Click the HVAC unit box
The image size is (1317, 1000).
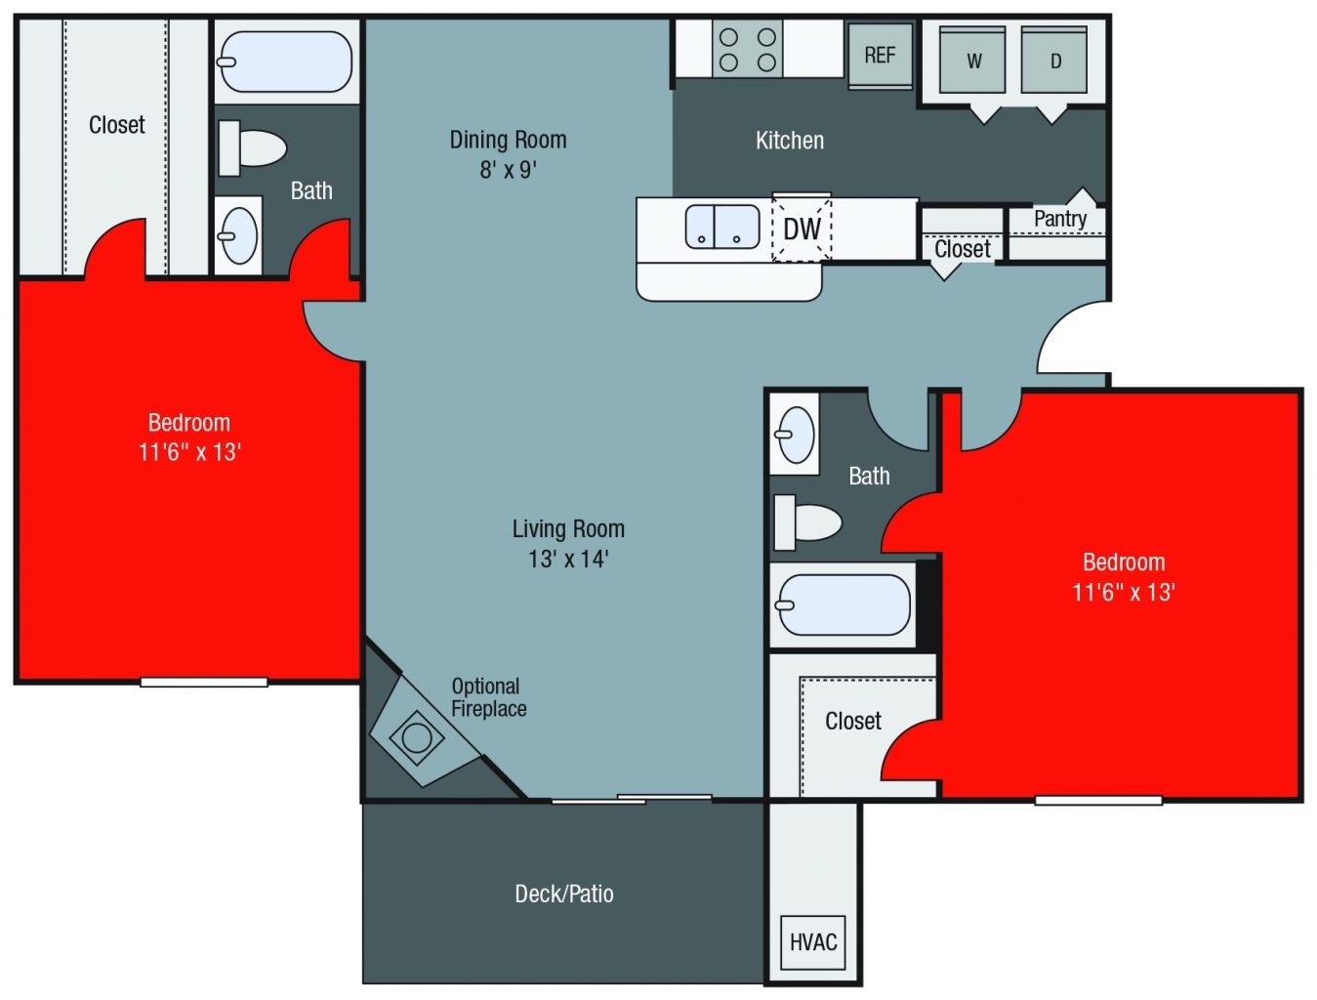tap(812, 941)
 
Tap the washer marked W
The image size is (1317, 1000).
tap(972, 61)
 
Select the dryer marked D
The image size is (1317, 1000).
tap(1054, 61)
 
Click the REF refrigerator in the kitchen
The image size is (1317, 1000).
tap(880, 55)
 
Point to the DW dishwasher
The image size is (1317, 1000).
tap(802, 229)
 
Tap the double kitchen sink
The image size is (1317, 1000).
tap(721, 227)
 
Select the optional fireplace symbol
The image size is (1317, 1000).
tap(417, 736)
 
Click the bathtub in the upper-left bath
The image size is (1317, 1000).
tap(285, 62)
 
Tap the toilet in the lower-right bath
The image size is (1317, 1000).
tap(807, 522)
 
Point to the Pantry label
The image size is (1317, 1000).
tap(1059, 219)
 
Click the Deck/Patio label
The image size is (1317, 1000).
tap(564, 894)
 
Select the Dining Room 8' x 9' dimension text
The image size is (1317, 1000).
tap(508, 170)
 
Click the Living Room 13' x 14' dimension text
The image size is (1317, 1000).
tap(568, 559)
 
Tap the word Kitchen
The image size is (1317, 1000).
tap(790, 141)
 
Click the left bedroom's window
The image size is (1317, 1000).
tap(203, 682)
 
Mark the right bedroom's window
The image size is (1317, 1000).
tap(1098, 801)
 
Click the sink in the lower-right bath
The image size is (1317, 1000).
tap(795, 434)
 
